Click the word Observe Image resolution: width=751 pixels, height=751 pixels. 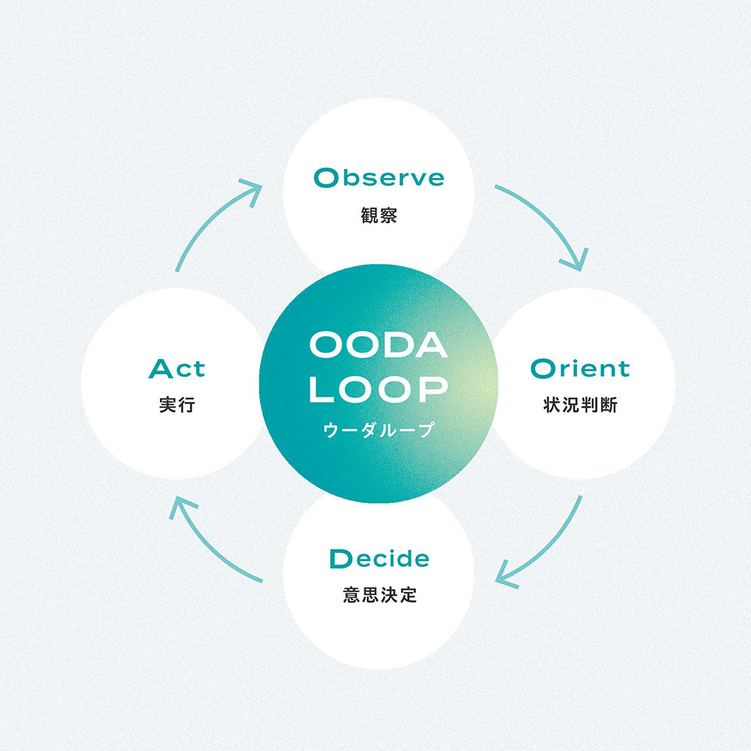379,178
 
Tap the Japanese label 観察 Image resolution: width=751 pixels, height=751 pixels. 379,215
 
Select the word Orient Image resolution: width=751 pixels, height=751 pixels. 580,368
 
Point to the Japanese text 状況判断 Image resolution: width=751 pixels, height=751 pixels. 580,405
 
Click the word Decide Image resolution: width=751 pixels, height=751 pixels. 379,559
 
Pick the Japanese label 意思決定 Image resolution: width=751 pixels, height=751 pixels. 380,595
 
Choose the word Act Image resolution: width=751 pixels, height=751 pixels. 176,368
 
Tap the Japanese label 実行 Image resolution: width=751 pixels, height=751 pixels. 177,405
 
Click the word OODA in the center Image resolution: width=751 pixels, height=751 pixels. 379,345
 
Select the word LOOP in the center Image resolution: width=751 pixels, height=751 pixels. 379,388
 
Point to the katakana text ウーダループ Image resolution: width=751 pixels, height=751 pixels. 379,429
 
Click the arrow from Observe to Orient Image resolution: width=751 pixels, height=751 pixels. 550,216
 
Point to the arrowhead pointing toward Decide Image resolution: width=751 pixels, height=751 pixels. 506,576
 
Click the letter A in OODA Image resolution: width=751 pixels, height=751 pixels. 431,345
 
